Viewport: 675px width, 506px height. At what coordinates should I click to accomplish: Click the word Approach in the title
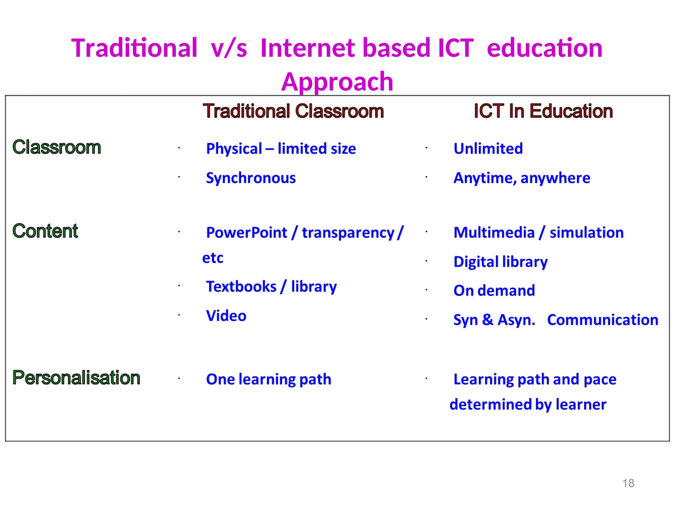tap(337, 82)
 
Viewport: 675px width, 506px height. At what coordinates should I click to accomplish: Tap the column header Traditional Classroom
tap(293, 111)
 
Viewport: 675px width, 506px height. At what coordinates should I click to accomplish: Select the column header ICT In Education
tap(543, 111)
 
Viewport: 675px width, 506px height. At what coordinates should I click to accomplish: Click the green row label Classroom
tap(57, 147)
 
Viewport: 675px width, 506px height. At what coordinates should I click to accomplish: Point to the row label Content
tap(45, 231)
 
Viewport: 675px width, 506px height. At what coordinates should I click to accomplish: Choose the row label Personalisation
tap(76, 378)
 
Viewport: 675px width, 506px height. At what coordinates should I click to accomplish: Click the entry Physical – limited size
tap(281, 149)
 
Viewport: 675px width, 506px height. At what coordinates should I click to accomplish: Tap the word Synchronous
tap(251, 178)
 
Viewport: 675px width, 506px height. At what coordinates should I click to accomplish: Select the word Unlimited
tap(488, 149)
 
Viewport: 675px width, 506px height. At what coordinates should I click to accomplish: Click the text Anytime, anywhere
tap(522, 178)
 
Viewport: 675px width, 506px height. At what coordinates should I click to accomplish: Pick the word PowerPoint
tap(247, 233)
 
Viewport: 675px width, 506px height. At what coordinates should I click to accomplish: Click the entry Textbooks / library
tap(271, 287)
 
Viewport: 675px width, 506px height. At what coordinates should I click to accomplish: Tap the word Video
tap(226, 316)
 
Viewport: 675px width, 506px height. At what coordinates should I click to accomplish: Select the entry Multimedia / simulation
tap(539, 233)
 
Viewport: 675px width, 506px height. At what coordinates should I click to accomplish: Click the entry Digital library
tap(500, 262)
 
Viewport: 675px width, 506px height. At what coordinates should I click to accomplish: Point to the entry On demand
tap(494, 291)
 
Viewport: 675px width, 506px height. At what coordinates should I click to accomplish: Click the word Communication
tap(602, 320)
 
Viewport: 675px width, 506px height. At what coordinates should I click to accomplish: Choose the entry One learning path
tap(269, 379)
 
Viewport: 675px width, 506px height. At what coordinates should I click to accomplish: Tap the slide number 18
tap(628, 483)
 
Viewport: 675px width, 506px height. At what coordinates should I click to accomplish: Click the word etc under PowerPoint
tap(213, 258)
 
